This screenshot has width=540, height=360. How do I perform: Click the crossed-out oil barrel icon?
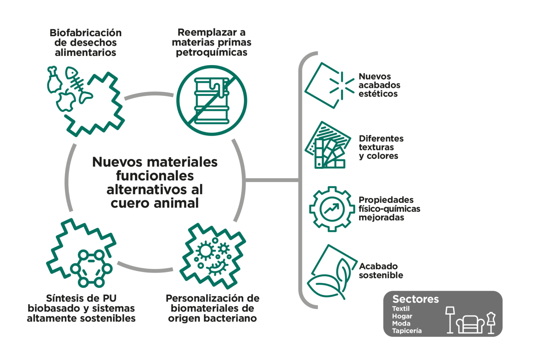(x=212, y=100)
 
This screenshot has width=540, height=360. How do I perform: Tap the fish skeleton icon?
(x=79, y=85)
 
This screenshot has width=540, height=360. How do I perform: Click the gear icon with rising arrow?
(x=332, y=209)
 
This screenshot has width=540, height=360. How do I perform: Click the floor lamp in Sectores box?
(x=450, y=320)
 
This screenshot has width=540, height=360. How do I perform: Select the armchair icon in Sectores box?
(x=470, y=324)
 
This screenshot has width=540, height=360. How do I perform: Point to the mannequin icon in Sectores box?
(x=491, y=323)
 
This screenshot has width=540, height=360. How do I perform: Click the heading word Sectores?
(x=416, y=299)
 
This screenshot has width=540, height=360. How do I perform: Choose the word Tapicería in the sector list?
(x=407, y=330)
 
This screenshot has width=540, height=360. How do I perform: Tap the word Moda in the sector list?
(x=401, y=323)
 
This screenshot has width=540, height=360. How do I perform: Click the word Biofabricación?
(x=85, y=33)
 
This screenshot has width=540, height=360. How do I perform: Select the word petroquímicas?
(x=212, y=52)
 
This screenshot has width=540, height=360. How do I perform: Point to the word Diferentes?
(x=381, y=139)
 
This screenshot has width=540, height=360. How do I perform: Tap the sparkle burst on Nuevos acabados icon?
(x=342, y=86)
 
